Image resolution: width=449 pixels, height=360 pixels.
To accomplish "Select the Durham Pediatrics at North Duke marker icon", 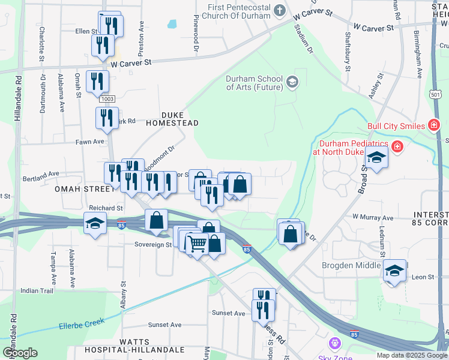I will pos(397,146).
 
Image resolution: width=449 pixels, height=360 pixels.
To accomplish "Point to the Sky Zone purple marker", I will pos(334,344).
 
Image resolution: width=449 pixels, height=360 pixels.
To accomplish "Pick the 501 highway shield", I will pos(436,95).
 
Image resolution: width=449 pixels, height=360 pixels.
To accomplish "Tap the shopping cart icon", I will pos(197,243).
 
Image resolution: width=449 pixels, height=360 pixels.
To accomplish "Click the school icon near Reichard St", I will pos(94,224).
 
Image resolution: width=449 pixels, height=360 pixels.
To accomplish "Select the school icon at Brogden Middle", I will pos(394,271).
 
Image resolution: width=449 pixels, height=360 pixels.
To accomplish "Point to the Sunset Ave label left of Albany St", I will pos(164,325).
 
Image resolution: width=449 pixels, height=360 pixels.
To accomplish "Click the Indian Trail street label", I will pos(37,290).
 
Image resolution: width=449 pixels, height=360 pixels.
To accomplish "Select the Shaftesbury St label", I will pos(347,53).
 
